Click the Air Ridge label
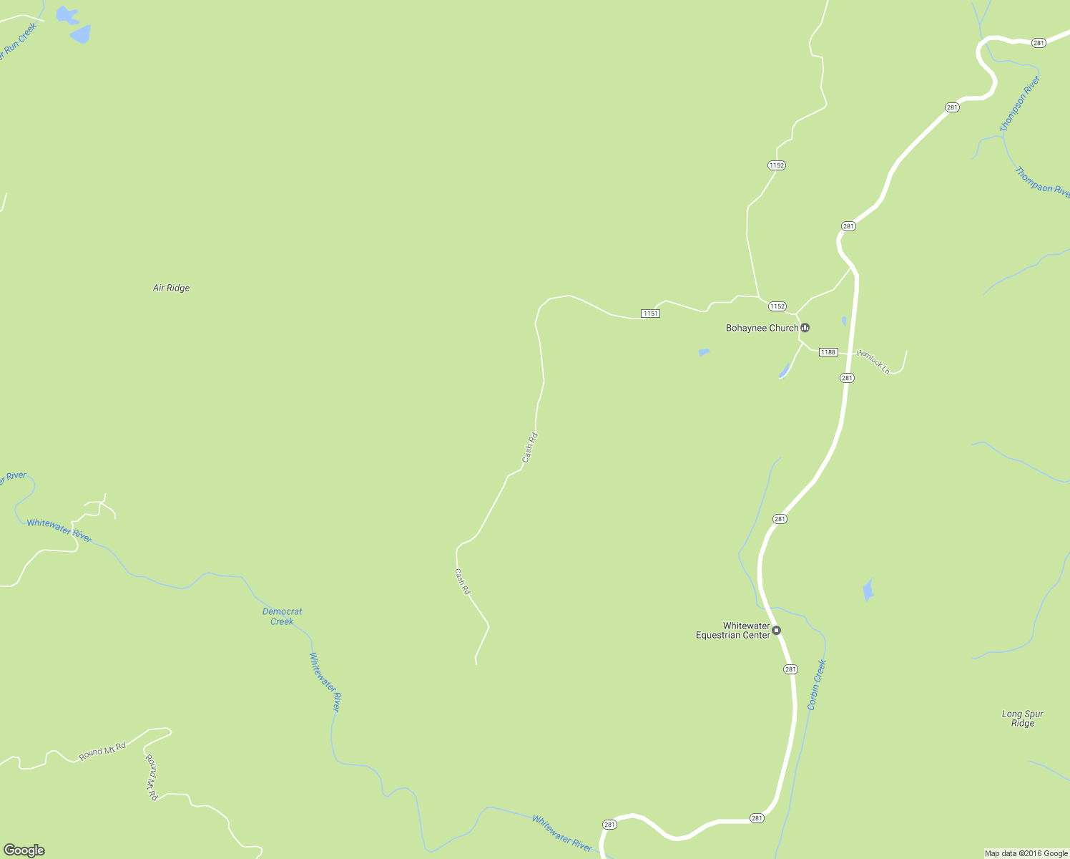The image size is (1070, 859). [172, 288]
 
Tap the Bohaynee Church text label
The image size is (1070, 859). [762, 328]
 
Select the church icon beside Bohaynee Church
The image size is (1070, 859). [805, 328]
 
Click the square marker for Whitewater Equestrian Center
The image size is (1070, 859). [777, 630]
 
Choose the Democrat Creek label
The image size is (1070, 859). [282, 616]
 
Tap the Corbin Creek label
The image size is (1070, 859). [817, 685]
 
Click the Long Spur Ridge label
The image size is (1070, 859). [1022, 718]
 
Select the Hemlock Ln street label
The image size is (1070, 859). [873, 361]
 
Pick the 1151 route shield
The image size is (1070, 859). [650, 314]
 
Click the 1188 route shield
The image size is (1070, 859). [828, 351]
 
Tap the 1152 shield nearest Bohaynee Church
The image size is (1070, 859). [777, 306]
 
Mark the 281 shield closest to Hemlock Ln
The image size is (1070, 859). [847, 378]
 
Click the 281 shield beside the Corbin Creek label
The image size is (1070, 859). [790, 669]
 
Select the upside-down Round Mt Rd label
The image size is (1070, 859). [151, 777]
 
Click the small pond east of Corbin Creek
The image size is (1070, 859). [868, 590]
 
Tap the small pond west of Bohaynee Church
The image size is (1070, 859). [704, 352]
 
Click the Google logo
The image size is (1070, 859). [24, 850]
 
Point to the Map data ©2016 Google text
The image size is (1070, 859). [1026, 853]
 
